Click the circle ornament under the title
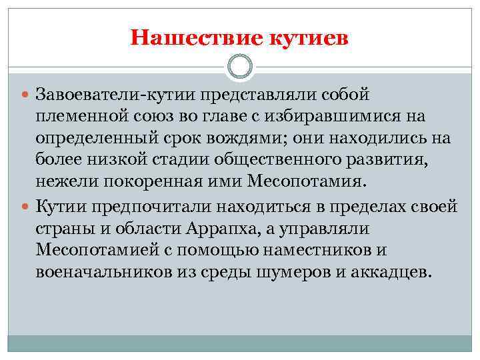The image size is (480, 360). [x=239, y=66]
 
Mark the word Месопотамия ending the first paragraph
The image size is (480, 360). [x=305, y=183]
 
